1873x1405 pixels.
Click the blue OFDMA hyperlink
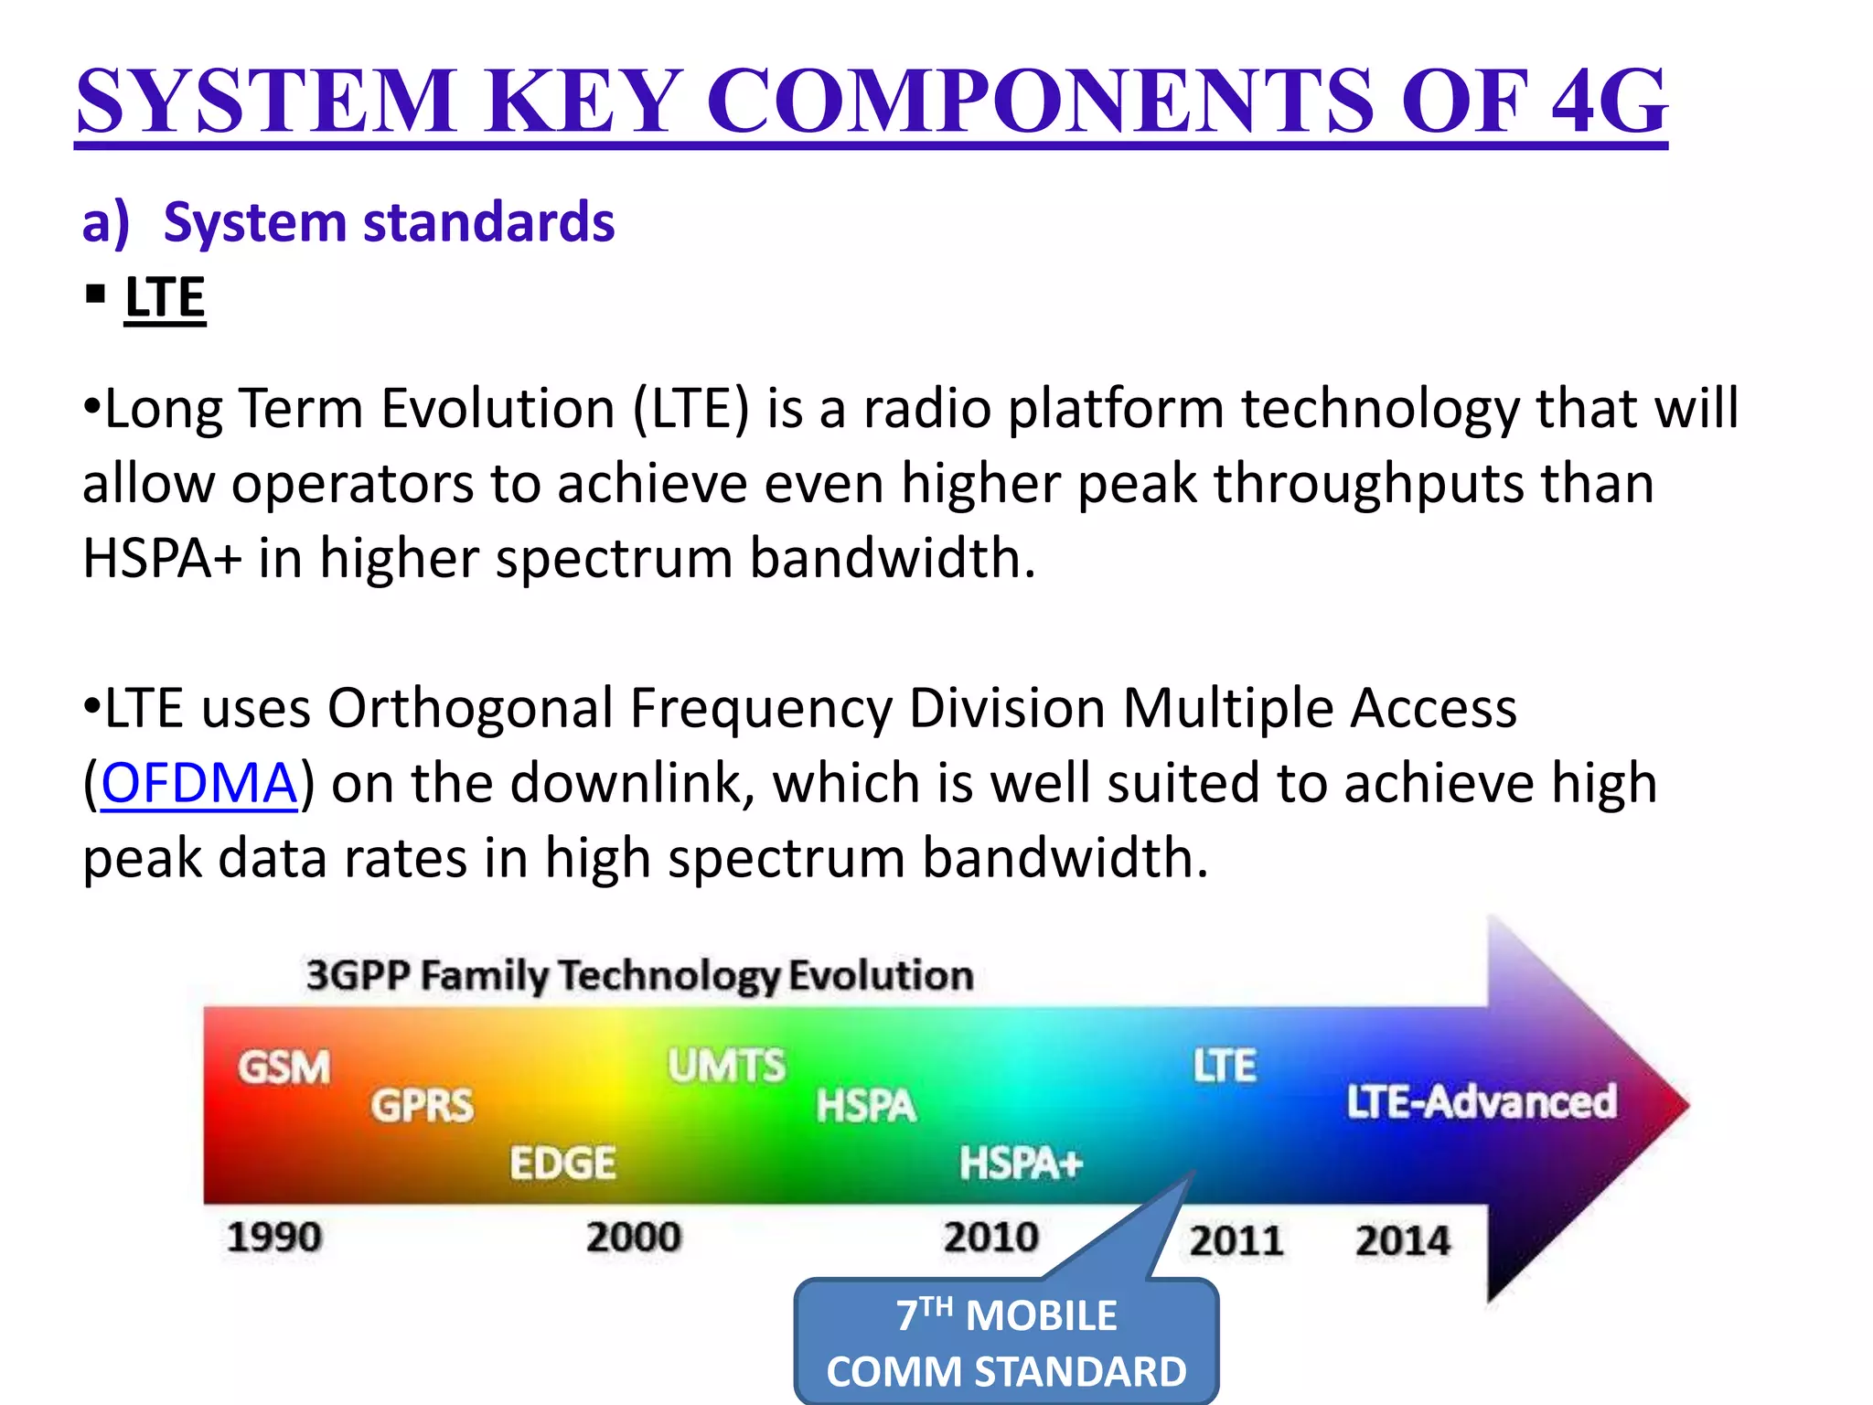(x=198, y=784)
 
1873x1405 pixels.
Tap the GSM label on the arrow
(x=284, y=1067)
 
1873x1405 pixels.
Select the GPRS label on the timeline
(x=423, y=1106)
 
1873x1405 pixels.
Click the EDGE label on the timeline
(x=562, y=1164)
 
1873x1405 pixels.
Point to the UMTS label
(x=726, y=1066)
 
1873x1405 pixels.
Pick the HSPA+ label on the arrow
(x=1021, y=1164)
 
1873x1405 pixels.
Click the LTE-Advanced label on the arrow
(x=1481, y=1101)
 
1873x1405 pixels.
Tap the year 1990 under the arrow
(x=274, y=1238)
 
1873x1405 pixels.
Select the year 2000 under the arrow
(x=634, y=1238)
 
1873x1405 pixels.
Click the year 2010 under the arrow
(x=991, y=1238)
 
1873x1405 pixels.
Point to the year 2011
(x=1236, y=1241)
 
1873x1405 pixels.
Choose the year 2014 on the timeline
(x=1402, y=1241)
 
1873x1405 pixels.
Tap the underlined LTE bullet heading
(x=165, y=298)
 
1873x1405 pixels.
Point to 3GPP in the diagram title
(x=358, y=975)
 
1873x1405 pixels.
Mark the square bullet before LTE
(x=95, y=295)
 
